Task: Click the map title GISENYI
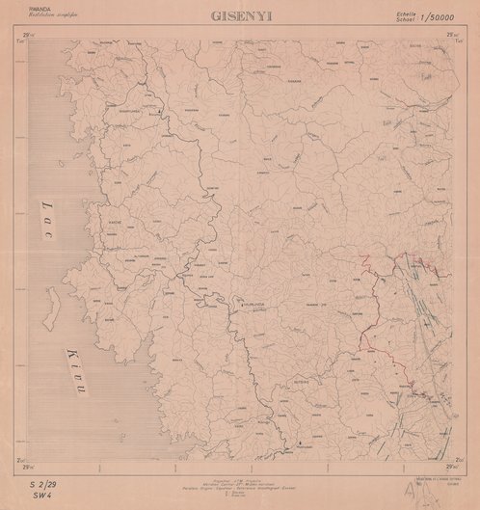pos(239,16)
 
